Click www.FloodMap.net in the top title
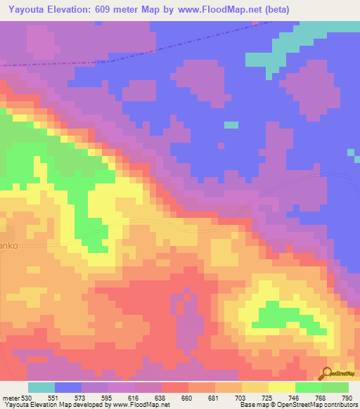pos(217,8)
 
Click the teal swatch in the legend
pos(41,387)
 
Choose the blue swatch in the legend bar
pos(68,387)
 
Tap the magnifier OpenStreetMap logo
pos(327,373)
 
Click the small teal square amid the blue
pos(231,125)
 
